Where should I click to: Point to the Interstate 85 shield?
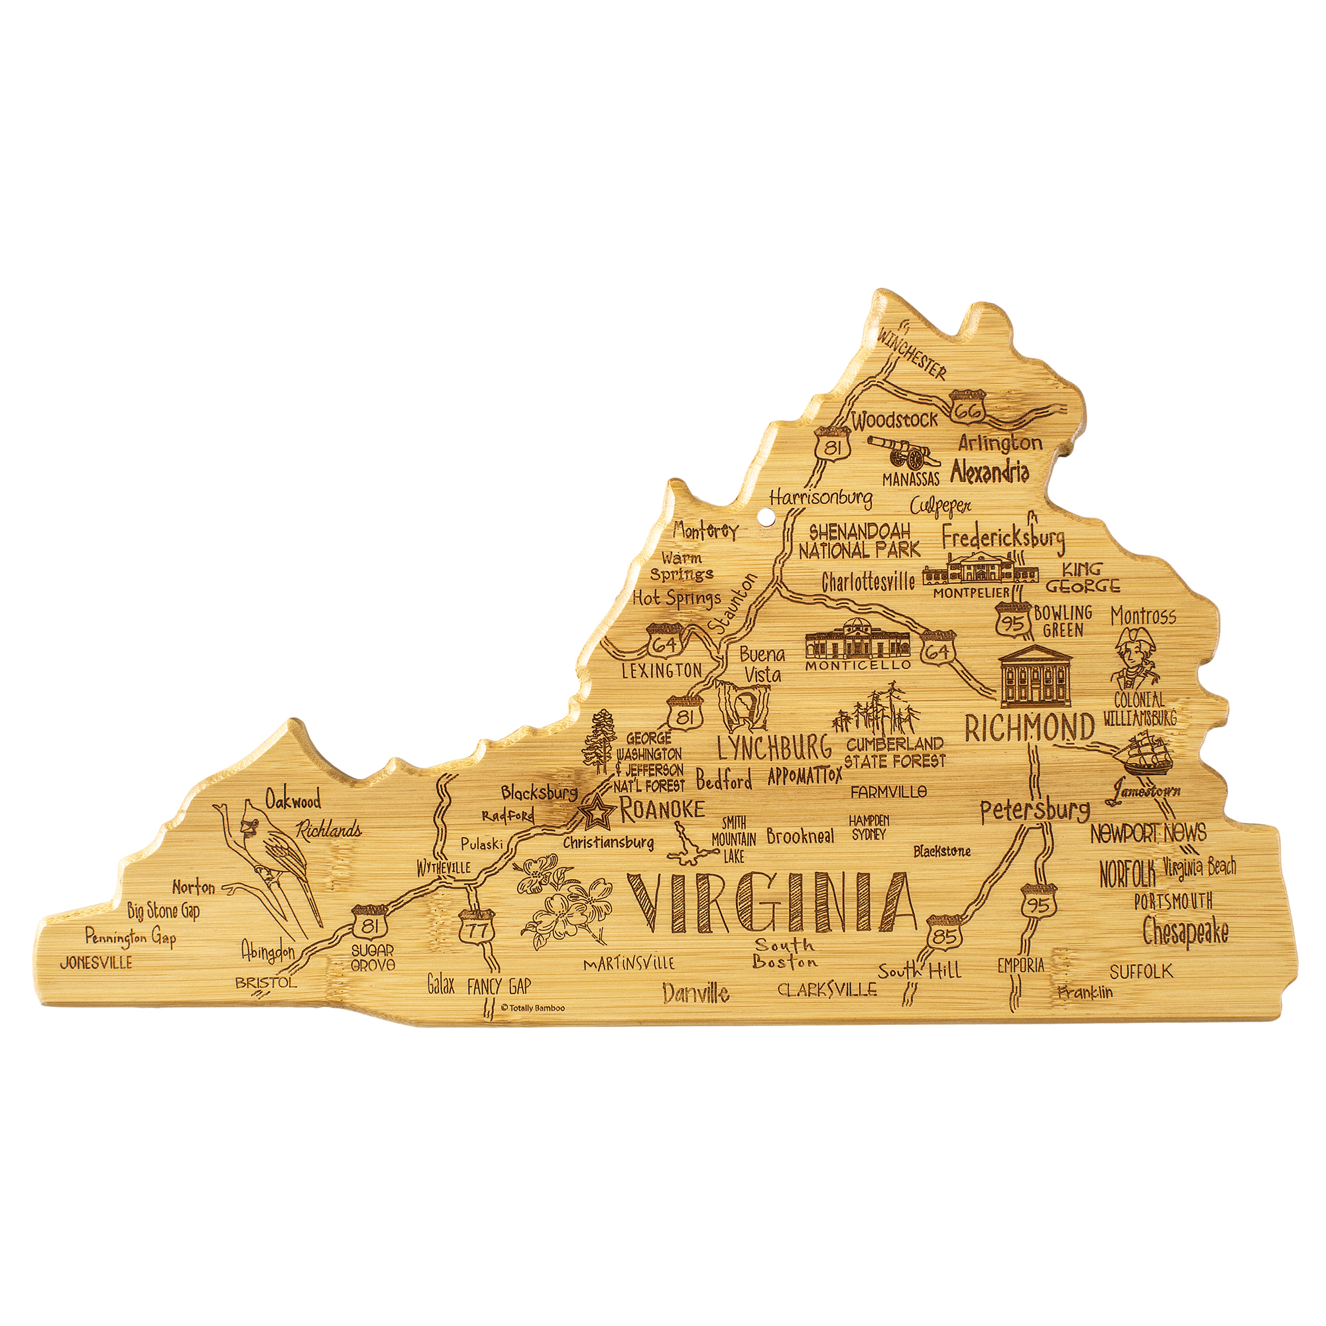pyautogui.click(x=944, y=934)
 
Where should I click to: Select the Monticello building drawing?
pyautogui.click(x=857, y=640)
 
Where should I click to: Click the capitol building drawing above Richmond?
pyautogui.click(x=1035, y=676)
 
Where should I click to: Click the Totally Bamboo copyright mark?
pyautogui.click(x=533, y=1008)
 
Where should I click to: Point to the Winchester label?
pyautogui.click(x=912, y=353)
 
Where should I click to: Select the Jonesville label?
pyautogui.click(x=96, y=962)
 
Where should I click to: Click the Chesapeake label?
pyautogui.click(x=1185, y=932)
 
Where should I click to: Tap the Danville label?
pyautogui.click(x=696, y=993)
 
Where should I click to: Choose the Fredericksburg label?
pyautogui.click(x=1002, y=538)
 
